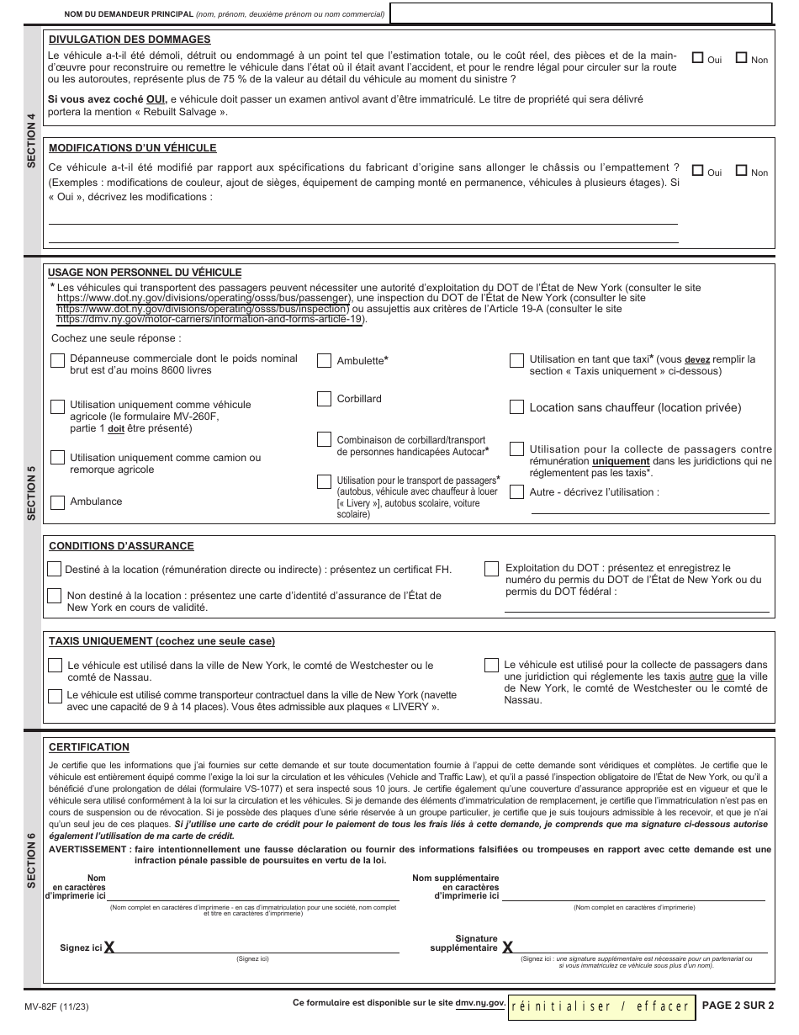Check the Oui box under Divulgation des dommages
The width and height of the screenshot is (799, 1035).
coord(697,58)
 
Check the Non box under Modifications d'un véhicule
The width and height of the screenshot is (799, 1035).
coord(742,171)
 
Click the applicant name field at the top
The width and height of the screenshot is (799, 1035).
coord(581,13)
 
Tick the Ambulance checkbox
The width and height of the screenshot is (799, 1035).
coord(57,502)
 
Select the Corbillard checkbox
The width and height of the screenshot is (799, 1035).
coord(324,399)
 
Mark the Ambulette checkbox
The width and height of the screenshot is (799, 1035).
coord(324,361)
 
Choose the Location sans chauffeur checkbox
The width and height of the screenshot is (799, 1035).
coord(516,407)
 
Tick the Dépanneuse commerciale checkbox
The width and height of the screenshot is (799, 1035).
coord(57,361)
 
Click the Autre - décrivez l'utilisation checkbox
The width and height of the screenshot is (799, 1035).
coord(516,491)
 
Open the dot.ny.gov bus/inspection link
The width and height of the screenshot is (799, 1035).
coord(203,309)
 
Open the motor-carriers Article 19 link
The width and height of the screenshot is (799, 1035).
coord(210,320)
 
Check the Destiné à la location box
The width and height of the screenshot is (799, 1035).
coord(55,570)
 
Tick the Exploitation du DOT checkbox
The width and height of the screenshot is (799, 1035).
coord(491,570)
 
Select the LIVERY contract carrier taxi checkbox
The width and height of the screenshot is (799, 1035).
coord(55,696)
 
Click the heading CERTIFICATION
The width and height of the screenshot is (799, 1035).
coord(89,747)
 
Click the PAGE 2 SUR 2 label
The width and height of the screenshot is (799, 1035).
coord(737,1005)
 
